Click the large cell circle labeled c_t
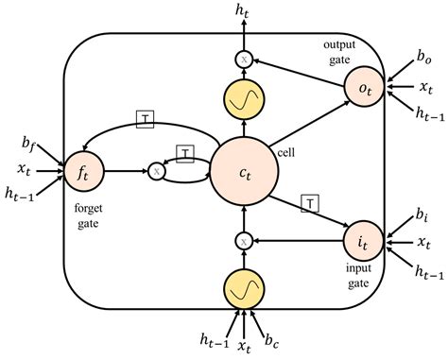click(244, 172)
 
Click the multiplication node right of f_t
click(155, 172)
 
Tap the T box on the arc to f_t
click(146, 117)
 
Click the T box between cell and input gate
click(308, 200)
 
